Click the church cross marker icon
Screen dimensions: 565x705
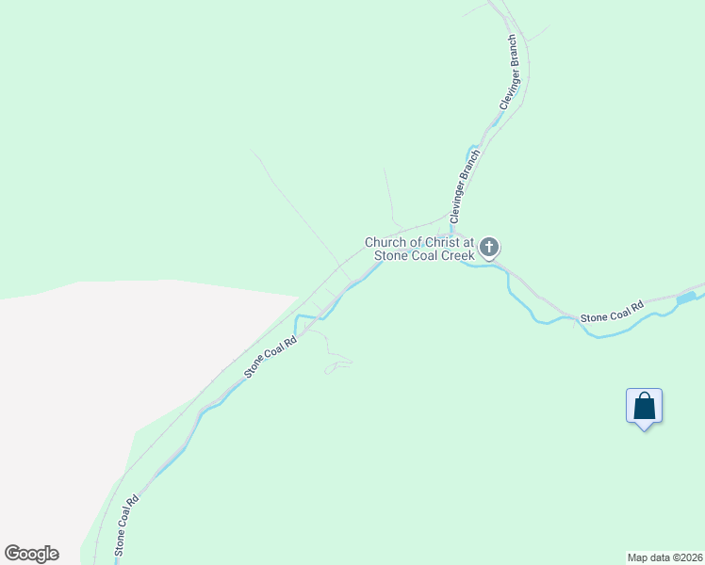click(488, 248)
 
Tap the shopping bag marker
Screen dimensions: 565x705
click(644, 406)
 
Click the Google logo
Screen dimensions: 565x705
click(31, 554)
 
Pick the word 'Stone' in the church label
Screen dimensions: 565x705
click(391, 255)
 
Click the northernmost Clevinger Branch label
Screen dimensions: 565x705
click(509, 73)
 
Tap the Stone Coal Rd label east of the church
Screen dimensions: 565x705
click(611, 312)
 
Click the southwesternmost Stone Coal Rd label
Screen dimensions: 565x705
click(126, 525)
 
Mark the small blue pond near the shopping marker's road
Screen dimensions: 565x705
click(686, 298)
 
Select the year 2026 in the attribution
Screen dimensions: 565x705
click(690, 557)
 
